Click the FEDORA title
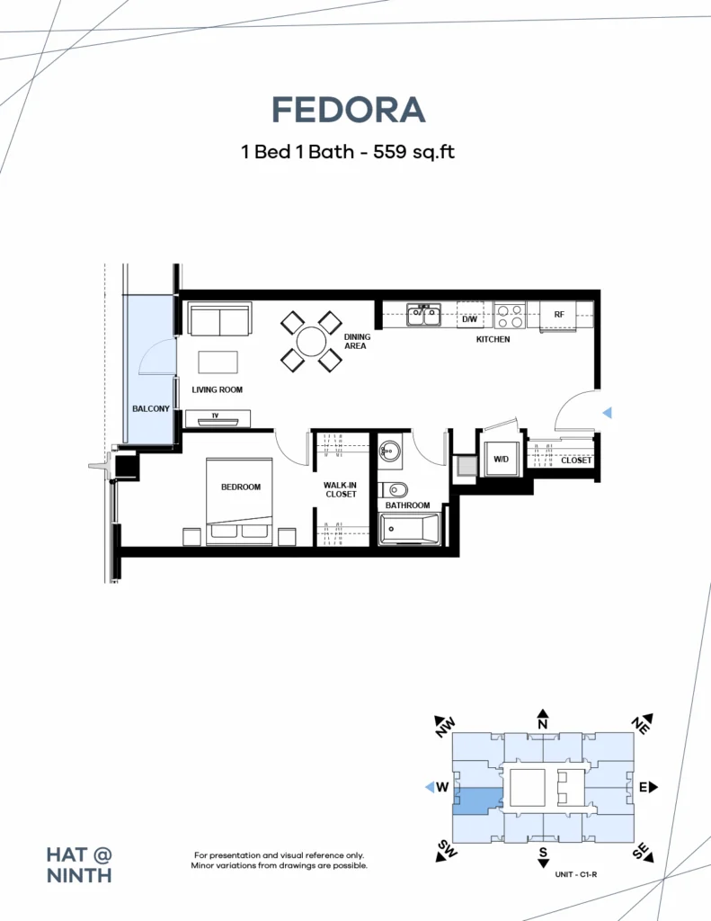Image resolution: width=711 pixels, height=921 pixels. coord(348,110)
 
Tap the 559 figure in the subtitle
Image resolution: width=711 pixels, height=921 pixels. coord(390,151)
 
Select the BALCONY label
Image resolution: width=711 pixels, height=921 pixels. coord(151,409)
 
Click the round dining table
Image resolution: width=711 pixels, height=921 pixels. coord(311,341)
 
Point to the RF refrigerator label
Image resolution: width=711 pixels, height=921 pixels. coord(559,315)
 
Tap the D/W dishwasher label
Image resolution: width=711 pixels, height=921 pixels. coord(469,319)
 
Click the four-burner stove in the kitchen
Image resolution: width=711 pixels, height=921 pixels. coord(510,316)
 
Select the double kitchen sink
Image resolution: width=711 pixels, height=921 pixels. coord(424,314)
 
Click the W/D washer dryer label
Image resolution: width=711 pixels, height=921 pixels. coord(501,460)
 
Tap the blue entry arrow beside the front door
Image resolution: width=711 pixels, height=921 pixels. coord(607,413)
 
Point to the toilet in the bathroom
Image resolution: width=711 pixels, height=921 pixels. coord(394,489)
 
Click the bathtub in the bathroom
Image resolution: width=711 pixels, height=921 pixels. coord(409,529)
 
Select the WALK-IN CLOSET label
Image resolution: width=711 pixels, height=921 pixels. coord(341,490)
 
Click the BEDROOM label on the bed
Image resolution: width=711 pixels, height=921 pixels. coord(241,487)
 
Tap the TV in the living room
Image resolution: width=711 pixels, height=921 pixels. coord(218,419)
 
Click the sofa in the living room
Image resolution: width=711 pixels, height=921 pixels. coord(220,319)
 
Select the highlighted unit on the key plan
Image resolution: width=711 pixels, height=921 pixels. coord(478,800)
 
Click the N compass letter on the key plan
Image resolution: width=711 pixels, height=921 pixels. coord(543,724)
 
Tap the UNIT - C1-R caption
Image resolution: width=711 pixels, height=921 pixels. coord(575,874)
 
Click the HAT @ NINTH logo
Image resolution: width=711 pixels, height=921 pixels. coord(79,865)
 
